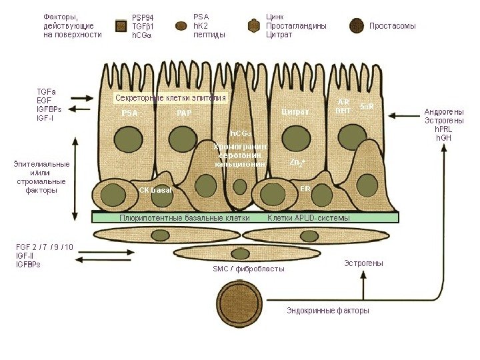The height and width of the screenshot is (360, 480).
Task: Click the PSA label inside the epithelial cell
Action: pyautogui.click(x=129, y=113)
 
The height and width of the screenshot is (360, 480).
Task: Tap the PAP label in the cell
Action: pyautogui.click(x=184, y=113)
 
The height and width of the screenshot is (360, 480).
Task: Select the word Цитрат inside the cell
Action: pyautogui.click(x=295, y=111)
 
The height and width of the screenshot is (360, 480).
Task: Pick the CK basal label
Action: pyautogui.click(x=155, y=190)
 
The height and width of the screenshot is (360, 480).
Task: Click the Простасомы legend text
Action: pyautogui.click(x=393, y=26)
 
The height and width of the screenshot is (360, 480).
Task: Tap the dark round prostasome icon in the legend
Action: pyautogui.click(x=358, y=26)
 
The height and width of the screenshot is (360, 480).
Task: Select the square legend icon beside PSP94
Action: pyautogui.click(x=121, y=26)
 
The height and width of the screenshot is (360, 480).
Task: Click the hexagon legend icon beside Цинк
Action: pyautogui.click(x=253, y=25)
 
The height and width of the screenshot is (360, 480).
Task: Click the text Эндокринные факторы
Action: pyautogui.click(x=327, y=311)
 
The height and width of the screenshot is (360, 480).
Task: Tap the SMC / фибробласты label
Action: pyautogui.click(x=248, y=269)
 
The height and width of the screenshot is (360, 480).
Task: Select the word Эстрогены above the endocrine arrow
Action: pyautogui.click(x=363, y=263)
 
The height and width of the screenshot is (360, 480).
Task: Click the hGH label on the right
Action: pyautogui.click(x=443, y=138)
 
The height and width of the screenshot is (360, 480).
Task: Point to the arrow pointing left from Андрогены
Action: pyautogui.click(x=403, y=116)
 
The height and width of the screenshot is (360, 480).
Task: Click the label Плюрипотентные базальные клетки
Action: pyautogui.click(x=185, y=217)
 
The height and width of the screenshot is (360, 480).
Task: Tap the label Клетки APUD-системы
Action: pyautogui.click(x=308, y=217)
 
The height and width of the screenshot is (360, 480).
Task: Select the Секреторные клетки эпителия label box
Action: pyautogui.click(x=171, y=98)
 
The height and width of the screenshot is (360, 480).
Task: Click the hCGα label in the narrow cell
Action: pyautogui.click(x=240, y=133)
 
